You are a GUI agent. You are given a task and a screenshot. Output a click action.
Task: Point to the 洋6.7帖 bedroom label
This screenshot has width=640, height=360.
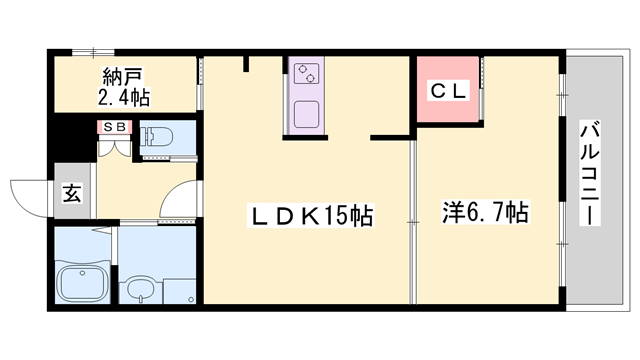pos(486,212)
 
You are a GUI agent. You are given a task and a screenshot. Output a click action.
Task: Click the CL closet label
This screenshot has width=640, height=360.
pos(446,90)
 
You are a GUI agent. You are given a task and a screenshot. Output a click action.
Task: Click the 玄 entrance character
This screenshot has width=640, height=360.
pos(72,192)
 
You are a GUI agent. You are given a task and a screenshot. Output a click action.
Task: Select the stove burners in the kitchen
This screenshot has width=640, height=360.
pos(307,73)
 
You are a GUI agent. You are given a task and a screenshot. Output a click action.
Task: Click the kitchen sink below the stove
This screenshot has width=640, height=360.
pos(306,111)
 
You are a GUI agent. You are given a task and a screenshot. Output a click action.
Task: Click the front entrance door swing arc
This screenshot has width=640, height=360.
pos(28,196)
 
